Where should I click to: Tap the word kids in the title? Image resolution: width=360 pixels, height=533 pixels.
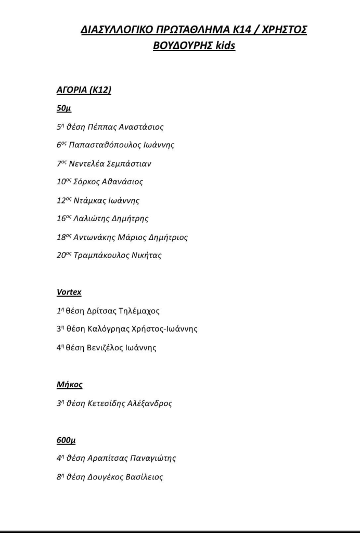click(226, 46)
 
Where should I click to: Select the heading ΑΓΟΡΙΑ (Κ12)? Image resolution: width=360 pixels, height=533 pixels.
click(84, 90)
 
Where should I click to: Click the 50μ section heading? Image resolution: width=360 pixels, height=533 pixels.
click(63, 108)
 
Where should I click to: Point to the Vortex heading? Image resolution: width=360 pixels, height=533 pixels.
click(69, 292)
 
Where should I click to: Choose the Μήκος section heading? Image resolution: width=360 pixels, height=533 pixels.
click(69, 385)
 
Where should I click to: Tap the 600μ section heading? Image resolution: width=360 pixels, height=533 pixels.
click(66, 440)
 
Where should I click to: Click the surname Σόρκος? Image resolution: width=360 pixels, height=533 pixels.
click(86, 182)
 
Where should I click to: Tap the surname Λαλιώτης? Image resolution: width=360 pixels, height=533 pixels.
click(92, 219)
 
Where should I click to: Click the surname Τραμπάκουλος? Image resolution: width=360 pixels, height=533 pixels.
click(99, 256)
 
